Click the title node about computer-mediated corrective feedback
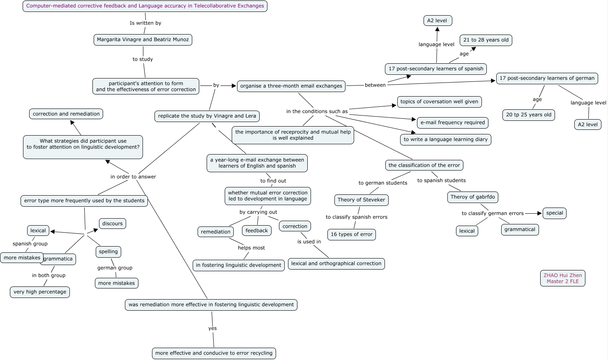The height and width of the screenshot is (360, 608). pos(145,6)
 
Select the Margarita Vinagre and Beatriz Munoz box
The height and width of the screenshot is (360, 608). pos(143,40)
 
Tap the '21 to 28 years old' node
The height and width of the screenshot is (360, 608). pos(486,40)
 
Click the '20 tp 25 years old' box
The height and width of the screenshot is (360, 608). pos(529,115)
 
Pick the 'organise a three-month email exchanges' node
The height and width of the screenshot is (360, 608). pos(291,86)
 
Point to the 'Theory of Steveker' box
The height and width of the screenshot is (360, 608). pos(362,200)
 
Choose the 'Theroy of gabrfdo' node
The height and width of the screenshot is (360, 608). pos(473,197)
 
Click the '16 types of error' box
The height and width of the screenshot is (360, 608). pos(352,235)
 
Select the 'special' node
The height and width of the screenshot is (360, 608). pos(555,213)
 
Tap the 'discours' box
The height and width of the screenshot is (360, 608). pos(113,224)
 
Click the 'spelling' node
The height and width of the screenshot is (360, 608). pos(108,252)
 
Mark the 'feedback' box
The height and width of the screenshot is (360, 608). pos(257,231)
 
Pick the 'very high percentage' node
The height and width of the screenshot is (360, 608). pos(40,292)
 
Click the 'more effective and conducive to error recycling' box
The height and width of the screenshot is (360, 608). pos(214,353)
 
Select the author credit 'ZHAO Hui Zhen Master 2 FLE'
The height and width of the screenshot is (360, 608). pos(563,279)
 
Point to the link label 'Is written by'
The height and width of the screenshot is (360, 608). pos(145,23)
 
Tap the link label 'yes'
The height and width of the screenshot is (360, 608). pos(212,329)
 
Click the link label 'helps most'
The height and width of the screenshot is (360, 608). pos(251,248)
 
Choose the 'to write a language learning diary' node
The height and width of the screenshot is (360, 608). pos(446,140)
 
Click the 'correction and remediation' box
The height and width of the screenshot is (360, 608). pos(66,114)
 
